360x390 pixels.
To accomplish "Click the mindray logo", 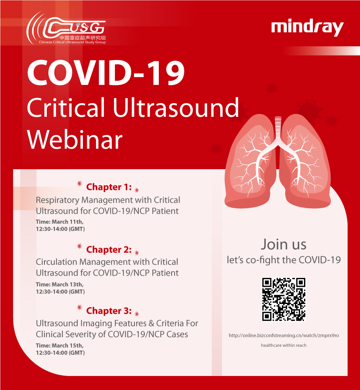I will (307, 28).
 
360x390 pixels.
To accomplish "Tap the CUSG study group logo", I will (66, 28).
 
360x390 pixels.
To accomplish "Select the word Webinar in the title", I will (75, 140).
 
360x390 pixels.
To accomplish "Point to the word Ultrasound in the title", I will (176, 108).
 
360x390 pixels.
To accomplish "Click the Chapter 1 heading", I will (109, 187).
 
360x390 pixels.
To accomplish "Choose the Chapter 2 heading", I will (109, 250).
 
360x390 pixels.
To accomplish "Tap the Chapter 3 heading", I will (109, 311).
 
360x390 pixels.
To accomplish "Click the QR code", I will (284, 299).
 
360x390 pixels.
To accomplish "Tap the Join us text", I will (284, 244).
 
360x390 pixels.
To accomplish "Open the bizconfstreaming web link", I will (284, 335).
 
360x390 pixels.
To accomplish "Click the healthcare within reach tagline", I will (284, 345).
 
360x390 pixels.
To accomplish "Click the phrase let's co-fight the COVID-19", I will (284, 260).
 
